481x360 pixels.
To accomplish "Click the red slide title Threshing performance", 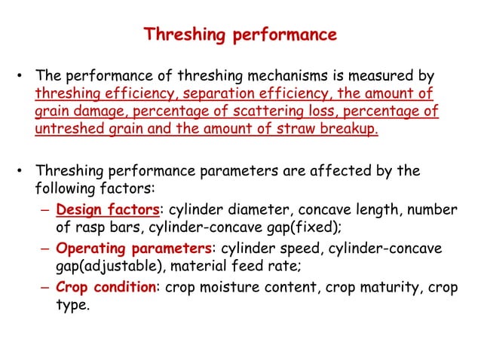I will pyautogui.click(x=240, y=35).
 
